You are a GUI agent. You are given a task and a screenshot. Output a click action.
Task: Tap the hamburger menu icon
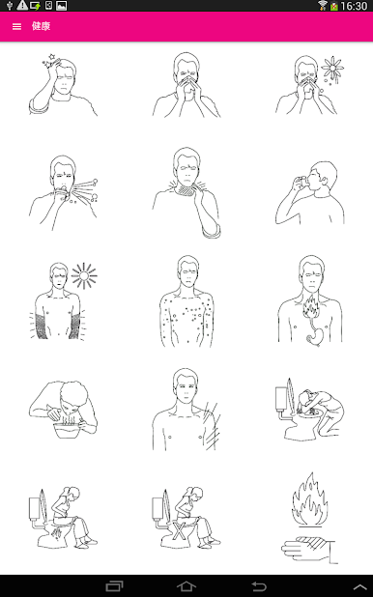16,26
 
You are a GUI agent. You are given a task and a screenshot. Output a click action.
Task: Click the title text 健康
42,26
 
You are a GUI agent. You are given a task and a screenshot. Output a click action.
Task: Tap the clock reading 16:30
354,6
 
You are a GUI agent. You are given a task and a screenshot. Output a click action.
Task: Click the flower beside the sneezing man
332,69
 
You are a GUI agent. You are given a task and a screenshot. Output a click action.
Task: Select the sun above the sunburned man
84,275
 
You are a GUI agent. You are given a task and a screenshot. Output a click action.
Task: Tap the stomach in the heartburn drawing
316,336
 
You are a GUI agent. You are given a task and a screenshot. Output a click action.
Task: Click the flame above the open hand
310,499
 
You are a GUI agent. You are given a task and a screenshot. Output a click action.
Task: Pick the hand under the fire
308,550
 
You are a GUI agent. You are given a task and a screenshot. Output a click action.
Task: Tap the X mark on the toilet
179,530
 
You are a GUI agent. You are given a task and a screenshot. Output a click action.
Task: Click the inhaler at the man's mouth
302,181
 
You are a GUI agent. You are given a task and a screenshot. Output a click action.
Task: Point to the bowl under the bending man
69,430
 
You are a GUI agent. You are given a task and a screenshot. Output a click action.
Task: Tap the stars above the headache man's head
50,61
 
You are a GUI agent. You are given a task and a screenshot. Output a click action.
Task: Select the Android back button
259,586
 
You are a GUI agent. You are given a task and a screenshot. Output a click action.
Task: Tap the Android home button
186,586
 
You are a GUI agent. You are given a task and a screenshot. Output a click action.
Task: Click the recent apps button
114,586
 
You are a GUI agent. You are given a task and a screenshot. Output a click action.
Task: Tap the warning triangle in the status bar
22,6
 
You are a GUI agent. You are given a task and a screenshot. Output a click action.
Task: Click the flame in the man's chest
312,306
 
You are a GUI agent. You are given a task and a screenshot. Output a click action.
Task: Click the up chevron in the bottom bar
359,586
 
